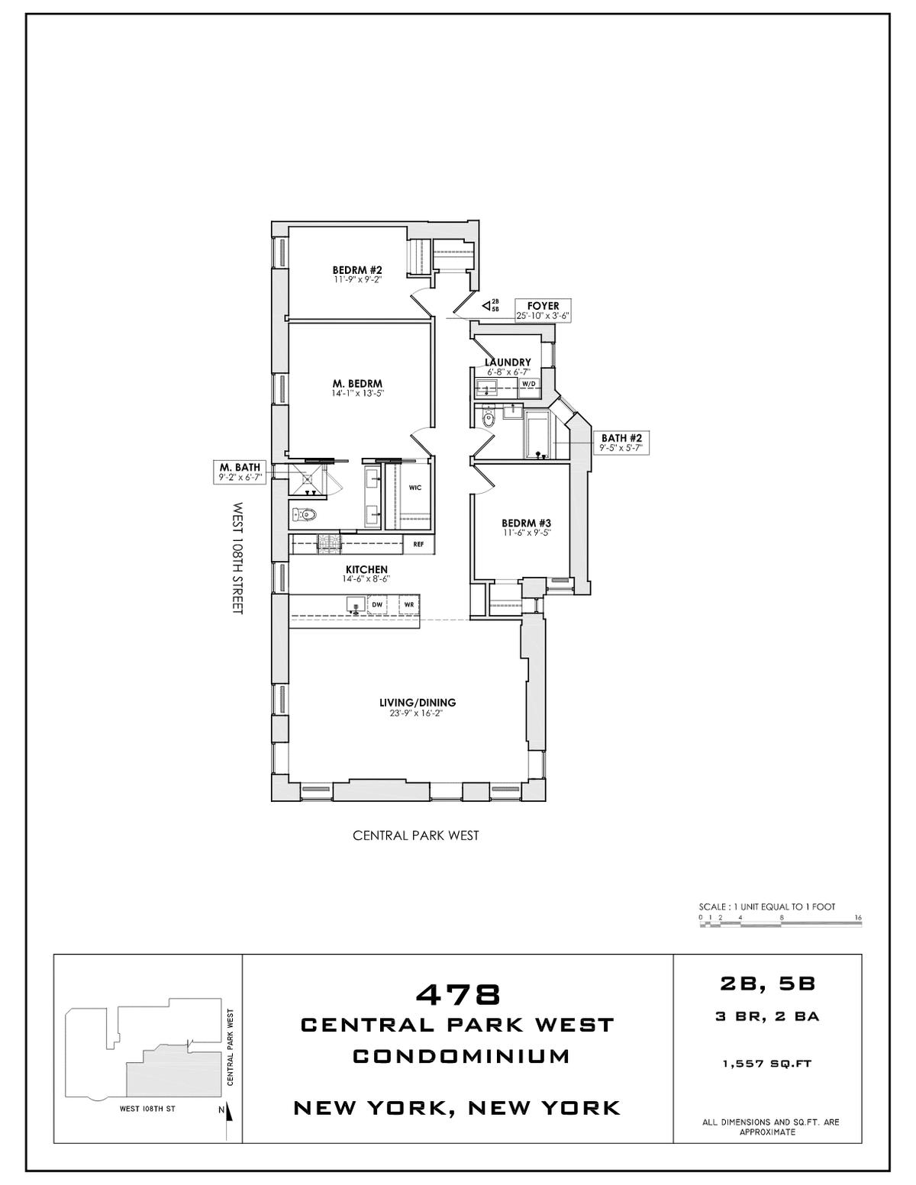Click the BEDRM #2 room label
tap(350, 270)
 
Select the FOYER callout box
tap(543, 311)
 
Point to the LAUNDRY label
tap(508, 362)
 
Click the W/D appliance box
tap(529, 383)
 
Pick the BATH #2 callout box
tap(621, 443)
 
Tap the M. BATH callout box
tap(240, 472)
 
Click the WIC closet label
tap(414, 488)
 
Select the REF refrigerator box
tap(418, 544)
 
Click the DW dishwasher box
tap(377, 605)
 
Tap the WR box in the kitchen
tap(409, 605)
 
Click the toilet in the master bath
tap(305, 514)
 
